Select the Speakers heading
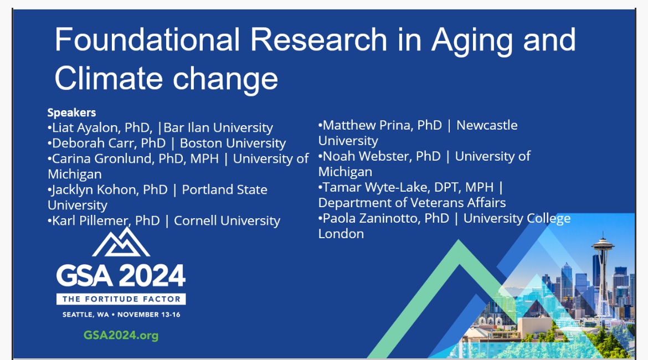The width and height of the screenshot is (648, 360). coord(71,113)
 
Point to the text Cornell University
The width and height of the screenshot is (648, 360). coord(227,221)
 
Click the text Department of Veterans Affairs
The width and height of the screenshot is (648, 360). coord(412,203)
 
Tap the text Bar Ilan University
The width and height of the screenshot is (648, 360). coord(218,128)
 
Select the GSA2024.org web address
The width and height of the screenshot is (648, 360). coord(121,335)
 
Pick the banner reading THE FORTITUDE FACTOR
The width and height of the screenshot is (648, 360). coord(121,299)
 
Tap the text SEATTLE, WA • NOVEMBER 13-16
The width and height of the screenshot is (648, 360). coord(121,315)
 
